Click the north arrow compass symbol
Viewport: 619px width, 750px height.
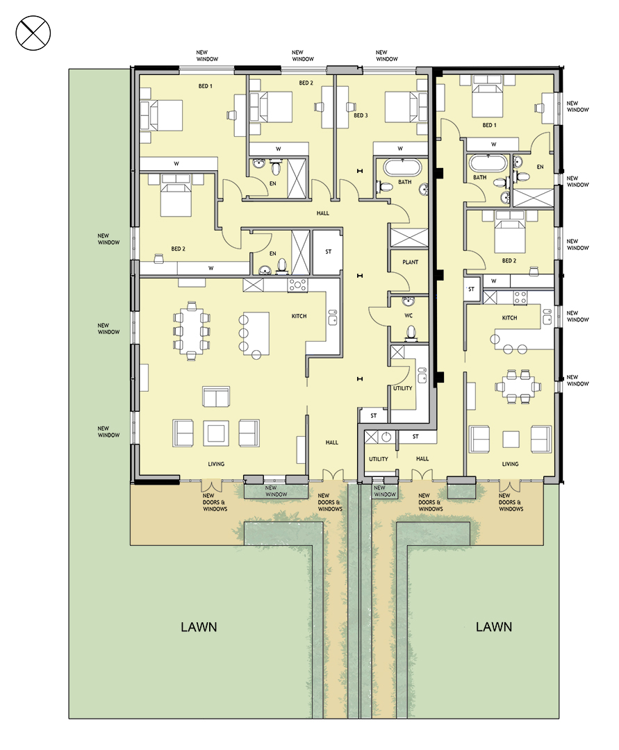[33, 33]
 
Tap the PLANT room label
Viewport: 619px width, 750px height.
[410, 262]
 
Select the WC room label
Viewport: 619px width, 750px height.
[408, 316]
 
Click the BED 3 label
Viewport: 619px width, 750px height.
[361, 115]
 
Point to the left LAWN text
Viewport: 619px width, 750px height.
[199, 626]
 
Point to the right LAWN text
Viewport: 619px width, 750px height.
[494, 626]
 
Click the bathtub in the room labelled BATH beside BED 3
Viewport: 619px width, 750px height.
[403, 167]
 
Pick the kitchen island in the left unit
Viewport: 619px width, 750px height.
[256, 333]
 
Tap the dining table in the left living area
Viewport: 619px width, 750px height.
[191, 331]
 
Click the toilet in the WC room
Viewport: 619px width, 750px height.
[411, 333]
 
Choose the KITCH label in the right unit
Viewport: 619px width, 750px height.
[509, 317]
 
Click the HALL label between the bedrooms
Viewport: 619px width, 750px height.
[323, 213]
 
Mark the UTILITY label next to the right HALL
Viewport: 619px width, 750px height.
[379, 459]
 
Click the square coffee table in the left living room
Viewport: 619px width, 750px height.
[216, 433]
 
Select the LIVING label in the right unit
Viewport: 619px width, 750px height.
[510, 464]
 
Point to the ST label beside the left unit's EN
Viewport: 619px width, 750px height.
[328, 251]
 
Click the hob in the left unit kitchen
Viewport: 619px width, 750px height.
[297, 285]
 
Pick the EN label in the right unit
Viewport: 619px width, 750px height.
[540, 167]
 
